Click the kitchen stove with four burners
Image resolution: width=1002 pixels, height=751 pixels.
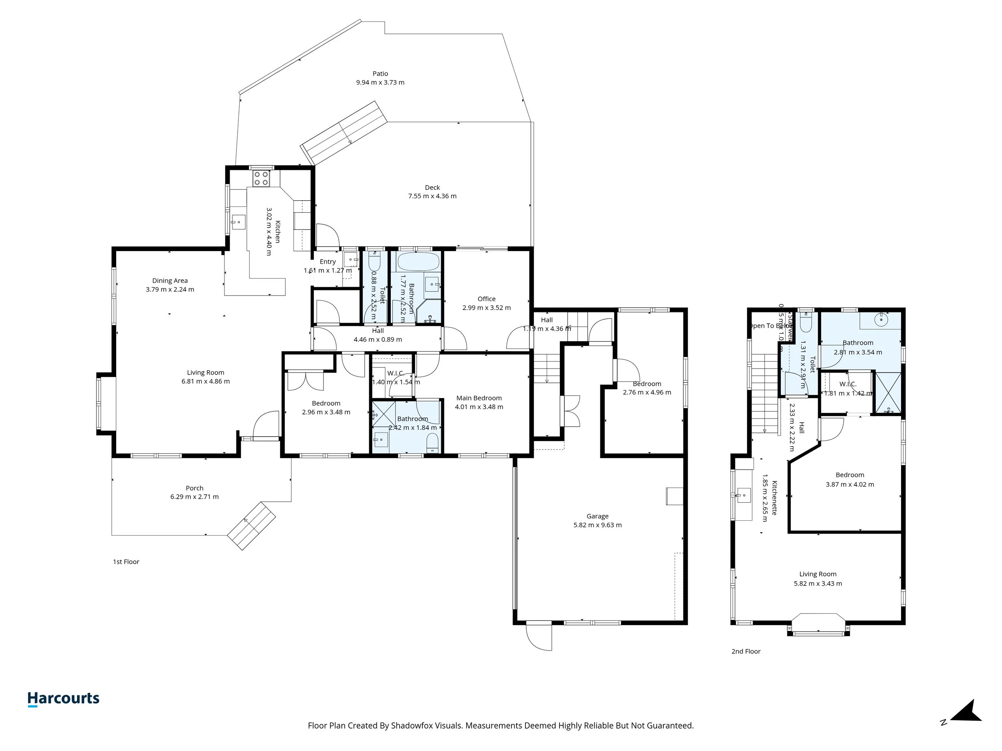coord(261,178)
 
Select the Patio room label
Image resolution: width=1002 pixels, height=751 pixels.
coord(380,73)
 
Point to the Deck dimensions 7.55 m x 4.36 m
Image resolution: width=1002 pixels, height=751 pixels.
coord(432,196)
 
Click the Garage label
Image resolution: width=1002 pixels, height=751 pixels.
coord(597,516)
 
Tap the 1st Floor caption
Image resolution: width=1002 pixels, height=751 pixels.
coord(126,562)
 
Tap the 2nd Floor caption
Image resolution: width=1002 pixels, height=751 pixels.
coord(745,651)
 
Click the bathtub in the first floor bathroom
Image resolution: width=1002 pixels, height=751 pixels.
coord(418,262)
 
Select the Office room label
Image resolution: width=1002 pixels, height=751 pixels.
coord(486,299)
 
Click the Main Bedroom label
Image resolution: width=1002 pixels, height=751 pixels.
coord(479,398)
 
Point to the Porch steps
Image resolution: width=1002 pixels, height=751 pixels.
coord(251,525)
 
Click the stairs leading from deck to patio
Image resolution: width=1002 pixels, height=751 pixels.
coord(344,133)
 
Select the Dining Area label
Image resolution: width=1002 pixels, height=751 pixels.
coord(170,281)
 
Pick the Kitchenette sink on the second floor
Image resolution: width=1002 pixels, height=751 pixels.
coord(743,495)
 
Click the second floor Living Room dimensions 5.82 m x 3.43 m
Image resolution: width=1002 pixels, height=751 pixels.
coord(818,584)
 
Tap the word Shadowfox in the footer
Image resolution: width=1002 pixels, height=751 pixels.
coord(411,726)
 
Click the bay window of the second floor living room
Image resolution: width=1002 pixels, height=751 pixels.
coord(818,625)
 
